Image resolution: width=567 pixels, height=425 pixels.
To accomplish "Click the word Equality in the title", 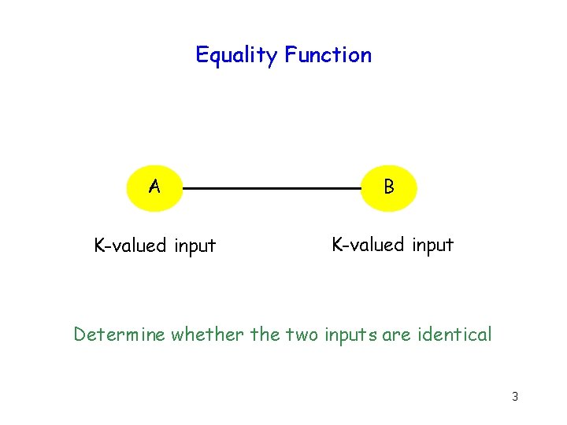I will pyautogui.click(x=237, y=56).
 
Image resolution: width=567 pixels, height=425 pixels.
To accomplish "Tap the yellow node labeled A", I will pyautogui.click(x=155, y=188).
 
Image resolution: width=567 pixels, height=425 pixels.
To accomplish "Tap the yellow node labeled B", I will pyautogui.click(x=388, y=188).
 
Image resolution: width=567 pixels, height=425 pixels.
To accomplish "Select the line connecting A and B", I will pyautogui.click(x=272, y=189).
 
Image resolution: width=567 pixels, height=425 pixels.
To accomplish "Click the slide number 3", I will pyautogui.click(x=514, y=397).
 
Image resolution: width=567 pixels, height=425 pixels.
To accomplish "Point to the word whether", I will pyautogui.click(x=208, y=334).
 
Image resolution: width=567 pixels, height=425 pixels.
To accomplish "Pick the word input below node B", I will pyautogui.click(x=432, y=246).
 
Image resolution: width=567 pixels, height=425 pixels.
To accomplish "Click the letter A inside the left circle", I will pyautogui.click(x=155, y=187).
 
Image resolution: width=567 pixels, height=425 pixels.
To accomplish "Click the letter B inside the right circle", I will pyautogui.click(x=388, y=187).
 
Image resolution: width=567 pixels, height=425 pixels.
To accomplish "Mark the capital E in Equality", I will pyautogui.click(x=202, y=55).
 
